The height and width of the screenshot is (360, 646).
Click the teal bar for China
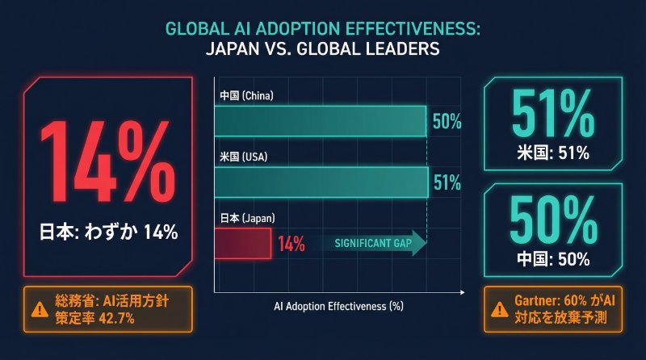click(320, 122)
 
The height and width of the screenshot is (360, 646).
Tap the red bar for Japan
click(242, 243)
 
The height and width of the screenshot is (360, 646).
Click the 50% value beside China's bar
click(447, 123)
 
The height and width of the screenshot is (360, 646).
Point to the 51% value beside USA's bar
click(447, 182)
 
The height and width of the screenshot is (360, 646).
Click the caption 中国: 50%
click(554, 260)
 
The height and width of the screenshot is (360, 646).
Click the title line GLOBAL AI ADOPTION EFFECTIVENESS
click(322, 28)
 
